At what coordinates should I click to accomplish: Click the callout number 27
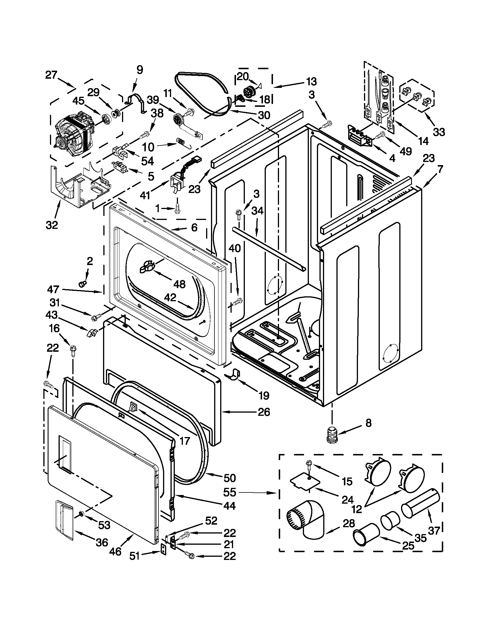point(51,75)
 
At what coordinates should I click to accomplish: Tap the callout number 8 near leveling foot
point(368,423)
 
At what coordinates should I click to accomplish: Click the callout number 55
point(230,492)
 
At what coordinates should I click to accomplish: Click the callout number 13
point(311,82)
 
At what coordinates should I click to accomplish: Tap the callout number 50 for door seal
point(230,478)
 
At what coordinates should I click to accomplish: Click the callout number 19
point(264,395)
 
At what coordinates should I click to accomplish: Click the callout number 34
point(257,211)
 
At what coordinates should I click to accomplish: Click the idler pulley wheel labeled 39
point(177,119)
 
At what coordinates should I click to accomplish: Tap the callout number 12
point(357,509)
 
